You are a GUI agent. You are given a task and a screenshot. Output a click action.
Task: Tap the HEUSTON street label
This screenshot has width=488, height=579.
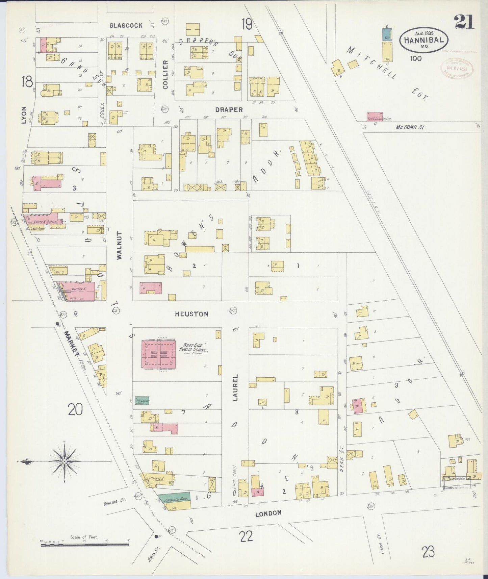191,314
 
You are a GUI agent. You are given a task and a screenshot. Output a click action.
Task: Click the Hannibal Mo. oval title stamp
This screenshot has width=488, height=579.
424,40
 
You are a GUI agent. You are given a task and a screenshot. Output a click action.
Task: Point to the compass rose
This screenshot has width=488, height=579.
64,461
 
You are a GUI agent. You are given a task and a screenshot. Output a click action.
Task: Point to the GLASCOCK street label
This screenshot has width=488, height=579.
126,25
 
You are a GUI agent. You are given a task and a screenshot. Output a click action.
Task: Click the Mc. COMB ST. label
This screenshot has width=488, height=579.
410,127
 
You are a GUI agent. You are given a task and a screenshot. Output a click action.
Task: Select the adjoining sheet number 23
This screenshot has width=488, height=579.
428,552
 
